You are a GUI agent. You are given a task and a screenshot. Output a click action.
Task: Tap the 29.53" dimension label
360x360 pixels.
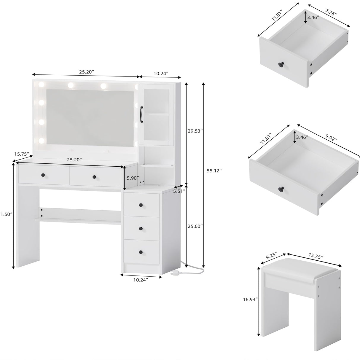pyautogui.click(x=195, y=131)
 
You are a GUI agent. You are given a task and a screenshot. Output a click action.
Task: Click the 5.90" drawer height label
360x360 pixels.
pyautogui.click(x=132, y=178)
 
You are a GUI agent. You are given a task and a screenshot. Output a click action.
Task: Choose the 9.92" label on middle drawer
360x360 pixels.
pyautogui.click(x=331, y=137)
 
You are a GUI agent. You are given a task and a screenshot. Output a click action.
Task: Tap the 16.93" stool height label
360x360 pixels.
pyautogui.click(x=250, y=300)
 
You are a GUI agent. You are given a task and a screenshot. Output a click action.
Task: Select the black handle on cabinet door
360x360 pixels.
pyautogui.click(x=141, y=114)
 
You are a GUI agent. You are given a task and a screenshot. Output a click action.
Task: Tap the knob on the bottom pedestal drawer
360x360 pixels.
pyautogui.click(x=141, y=252)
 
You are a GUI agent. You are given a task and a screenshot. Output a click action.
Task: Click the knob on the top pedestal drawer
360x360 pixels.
pyautogui.click(x=141, y=205)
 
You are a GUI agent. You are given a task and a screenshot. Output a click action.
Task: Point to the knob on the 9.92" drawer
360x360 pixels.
pyautogui.click(x=281, y=188)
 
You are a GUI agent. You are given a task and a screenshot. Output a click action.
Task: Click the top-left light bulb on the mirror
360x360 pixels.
pyautogui.click(x=41, y=85)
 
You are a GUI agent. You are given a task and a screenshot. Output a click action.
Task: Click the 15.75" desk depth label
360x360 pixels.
pyautogui.click(x=22, y=154)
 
